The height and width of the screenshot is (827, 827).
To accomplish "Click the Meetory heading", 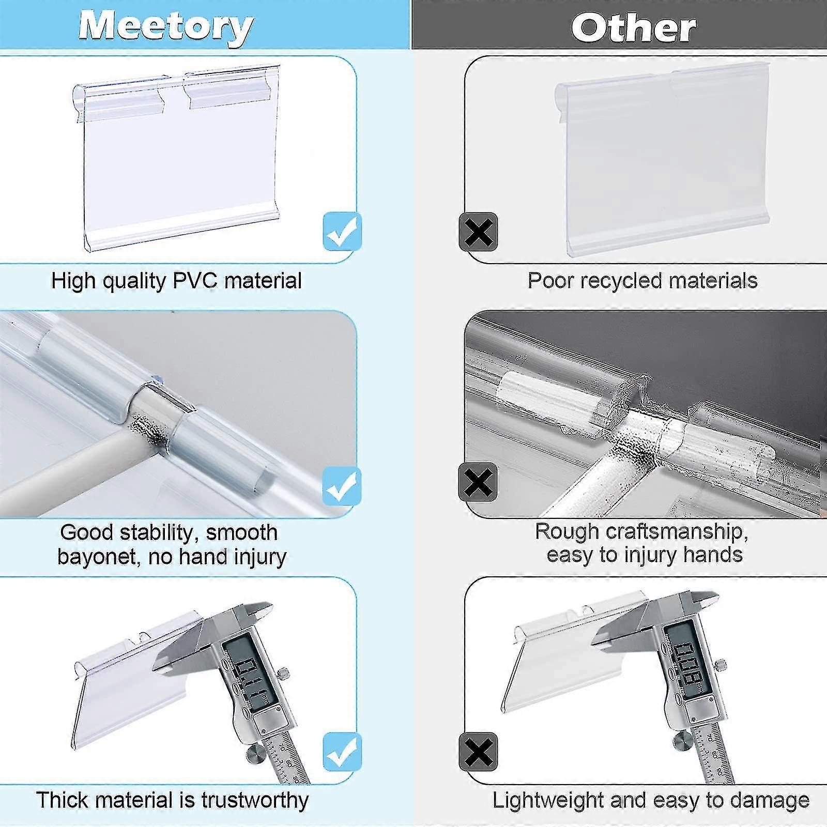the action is coord(166,26).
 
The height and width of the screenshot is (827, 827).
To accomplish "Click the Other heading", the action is coord(634,27).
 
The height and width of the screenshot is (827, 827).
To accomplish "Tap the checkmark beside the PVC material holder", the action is coord(342,231).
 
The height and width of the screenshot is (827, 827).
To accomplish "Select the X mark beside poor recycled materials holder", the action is coord(479,232).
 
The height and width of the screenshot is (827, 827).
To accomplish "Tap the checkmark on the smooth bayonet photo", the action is coord(342,486).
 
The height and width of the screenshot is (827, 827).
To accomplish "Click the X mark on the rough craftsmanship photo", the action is coord(478,482).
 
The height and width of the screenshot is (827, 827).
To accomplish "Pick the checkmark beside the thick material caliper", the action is coord(342,752).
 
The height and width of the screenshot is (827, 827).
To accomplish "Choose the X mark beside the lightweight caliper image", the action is coord(479,752).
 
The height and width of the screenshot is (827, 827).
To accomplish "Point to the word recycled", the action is coord(619,281).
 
